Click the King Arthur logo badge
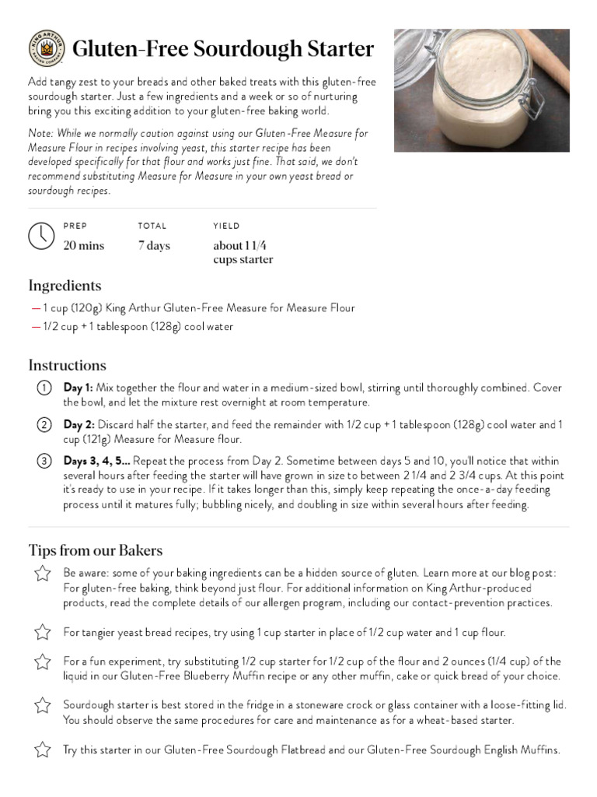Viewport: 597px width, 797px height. pos(46,49)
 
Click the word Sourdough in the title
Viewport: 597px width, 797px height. pos(248,49)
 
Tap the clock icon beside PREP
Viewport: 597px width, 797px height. pos(40,236)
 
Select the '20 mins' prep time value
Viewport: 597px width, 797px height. pos(83,246)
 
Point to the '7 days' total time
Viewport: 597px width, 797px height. pos(154,246)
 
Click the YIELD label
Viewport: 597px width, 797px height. pos(227,226)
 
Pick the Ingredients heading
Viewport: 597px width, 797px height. pos(65,286)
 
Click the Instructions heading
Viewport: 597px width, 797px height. pos(67,365)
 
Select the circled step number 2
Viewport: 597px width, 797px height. pos(44,425)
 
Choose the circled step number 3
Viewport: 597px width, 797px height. pos(44,462)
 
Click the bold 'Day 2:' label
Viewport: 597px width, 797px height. pos(79,425)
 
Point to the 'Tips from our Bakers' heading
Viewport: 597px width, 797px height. pos(95,550)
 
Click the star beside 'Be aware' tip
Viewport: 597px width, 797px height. pos(42,574)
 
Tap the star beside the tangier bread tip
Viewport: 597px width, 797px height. pos(42,632)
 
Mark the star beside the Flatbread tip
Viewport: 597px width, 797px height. pos(42,750)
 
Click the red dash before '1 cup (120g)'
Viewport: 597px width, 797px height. pos(36,308)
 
